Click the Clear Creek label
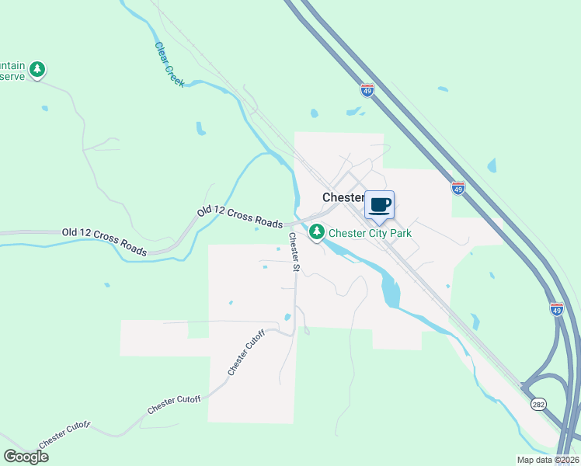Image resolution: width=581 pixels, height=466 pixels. pyautogui.click(x=168, y=63)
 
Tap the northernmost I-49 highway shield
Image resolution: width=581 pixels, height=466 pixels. pyautogui.click(x=367, y=90)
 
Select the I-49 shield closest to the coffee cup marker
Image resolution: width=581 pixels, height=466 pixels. pyautogui.click(x=458, y=189)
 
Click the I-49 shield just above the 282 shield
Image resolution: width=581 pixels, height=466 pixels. pyautogui.click(x=556, y=309)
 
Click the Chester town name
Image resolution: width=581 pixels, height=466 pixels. pyautogui.click(x=343, y=197)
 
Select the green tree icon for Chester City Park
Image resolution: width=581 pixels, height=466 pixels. pyautogui.click(x=317, y=231)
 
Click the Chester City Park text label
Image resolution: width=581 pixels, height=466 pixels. pyautogui.click(x=370, y=233)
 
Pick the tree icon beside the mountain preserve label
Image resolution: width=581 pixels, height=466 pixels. pyautogui.click(x=37, y=70)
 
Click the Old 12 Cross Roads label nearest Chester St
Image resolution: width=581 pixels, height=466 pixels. pyautogui.click(x=240, y=217)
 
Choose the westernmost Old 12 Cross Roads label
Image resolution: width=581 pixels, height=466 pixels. pyautogui.click(x=104, y=242)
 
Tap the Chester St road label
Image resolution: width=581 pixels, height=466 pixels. pyautogui.click(x=293, y=252)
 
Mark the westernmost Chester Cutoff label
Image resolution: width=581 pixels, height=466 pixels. pyautogui.click(x=64, y=435)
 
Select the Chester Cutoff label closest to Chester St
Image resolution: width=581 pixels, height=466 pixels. pyautogui.click(x=246, y=353)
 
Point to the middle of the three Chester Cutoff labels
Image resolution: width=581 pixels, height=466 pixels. pyautogui.click(x=174, y=405)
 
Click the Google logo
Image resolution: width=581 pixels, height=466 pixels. pyautogui.click(x=26, y=456)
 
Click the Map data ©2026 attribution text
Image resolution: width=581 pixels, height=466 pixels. pyautogui.click(x=537, y=460)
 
